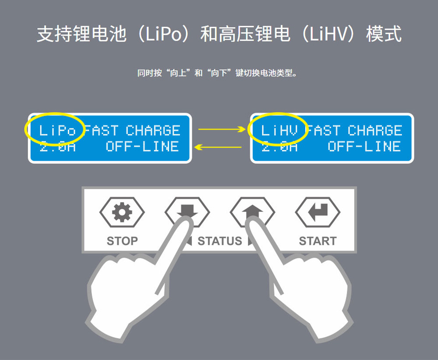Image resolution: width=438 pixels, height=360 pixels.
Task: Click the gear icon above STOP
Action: click(122, 212)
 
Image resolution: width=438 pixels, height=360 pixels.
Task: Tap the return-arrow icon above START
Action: click(318, 212)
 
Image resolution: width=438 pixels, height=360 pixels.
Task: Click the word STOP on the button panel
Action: click(122, 241)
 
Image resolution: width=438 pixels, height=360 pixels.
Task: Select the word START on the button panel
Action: click(318, 241)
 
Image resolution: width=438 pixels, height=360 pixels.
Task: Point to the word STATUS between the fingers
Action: click(220, 241)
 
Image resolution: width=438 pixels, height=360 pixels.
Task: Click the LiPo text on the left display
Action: click(57, 130)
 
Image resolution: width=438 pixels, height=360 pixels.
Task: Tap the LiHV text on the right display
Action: click(279, 130)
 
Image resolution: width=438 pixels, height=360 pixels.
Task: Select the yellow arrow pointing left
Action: click(218, 147)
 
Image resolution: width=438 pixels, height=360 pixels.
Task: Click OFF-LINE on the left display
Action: click(142, 146)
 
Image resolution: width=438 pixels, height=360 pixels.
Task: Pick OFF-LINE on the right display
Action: click(364, 146)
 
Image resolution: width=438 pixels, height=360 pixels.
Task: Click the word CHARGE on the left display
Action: click(153, 130)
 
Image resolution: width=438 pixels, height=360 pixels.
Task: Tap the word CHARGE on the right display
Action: click(375, 130)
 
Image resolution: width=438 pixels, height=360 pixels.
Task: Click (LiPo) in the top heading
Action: click(164, 34)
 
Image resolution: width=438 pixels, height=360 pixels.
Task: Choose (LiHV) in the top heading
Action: click(328, 34)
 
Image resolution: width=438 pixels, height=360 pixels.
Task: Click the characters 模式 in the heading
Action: click(384, 34)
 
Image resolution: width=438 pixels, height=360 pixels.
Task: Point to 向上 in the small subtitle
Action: click(178, 73)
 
